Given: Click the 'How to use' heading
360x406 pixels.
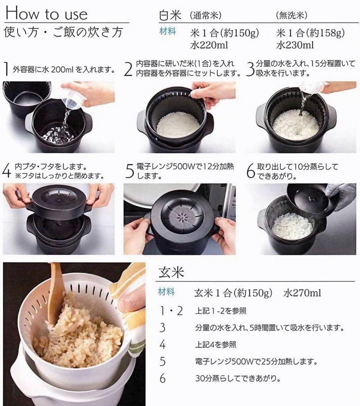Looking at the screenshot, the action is [x=46, y=13].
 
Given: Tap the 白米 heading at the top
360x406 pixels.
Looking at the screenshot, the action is [x=170, y=15].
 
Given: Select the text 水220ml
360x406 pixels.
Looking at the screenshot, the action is [x=209, y=45].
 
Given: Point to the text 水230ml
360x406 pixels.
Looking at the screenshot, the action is [x=295, y=45].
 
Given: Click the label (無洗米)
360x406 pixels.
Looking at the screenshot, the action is [x=292, y=16].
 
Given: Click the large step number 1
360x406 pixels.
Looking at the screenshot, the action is [x=7, y=69].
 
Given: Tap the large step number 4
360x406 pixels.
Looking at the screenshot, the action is [x=6, y=171].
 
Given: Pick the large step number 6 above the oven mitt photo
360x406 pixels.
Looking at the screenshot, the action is [x=251, y=171].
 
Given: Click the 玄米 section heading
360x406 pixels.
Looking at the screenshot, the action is [x=171, y=273].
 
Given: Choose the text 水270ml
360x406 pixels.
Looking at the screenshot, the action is [x=302, y=293].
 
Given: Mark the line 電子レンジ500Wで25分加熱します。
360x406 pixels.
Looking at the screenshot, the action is [x=256, y=361].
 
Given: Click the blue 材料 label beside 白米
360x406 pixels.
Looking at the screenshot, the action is [x=168, y=31].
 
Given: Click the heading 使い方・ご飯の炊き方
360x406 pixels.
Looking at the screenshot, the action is [x=64, y=32].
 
